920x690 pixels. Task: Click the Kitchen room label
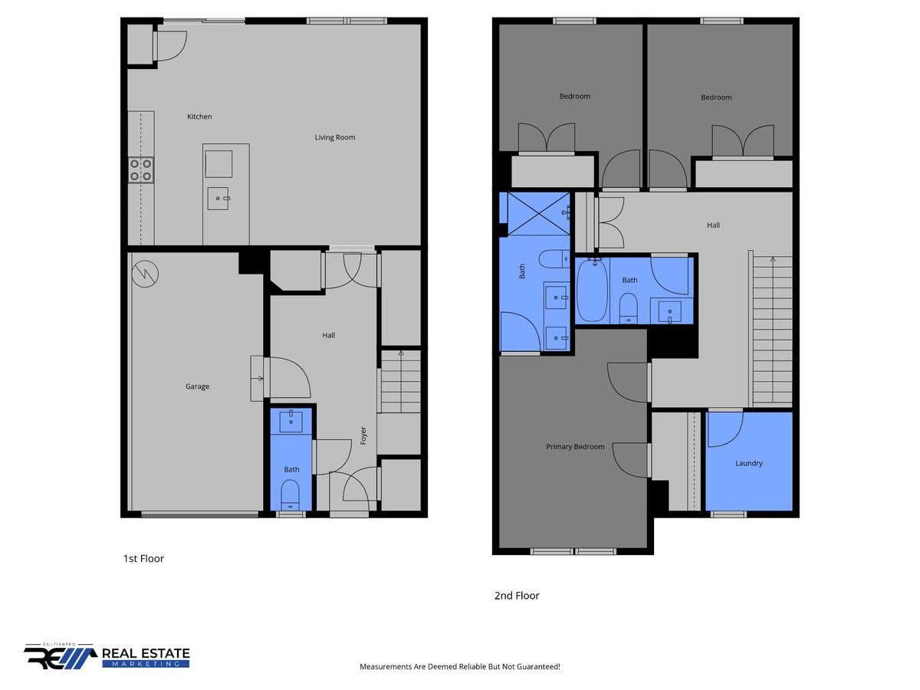tap(199, 117)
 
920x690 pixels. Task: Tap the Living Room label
tap(334, 137)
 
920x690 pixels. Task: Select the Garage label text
tap(197, 386)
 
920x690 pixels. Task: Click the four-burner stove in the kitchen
tap(141, 169)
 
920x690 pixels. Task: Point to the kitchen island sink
tap(218, 198)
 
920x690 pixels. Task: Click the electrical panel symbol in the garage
tap(145, 274)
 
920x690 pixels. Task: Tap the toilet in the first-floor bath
tap(290, 495)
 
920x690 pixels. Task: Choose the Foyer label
tap(363, 435)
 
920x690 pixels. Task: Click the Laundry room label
tap(748, 463)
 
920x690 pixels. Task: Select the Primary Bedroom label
tap(575, 447)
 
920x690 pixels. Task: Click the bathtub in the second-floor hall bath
tap(592, 290)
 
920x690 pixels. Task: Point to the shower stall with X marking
tap(539, 214)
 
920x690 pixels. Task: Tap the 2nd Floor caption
tap(517, 596)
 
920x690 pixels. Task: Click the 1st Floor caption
tap(143, 558)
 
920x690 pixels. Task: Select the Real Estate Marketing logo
tap(107, 656)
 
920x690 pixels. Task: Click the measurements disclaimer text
tap(460, 666)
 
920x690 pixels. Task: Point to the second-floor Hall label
tap(713, 225)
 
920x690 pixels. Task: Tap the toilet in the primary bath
tap(554, 259)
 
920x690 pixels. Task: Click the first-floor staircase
tap(401, 382)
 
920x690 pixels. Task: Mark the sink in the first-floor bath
tap(291, 420)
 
